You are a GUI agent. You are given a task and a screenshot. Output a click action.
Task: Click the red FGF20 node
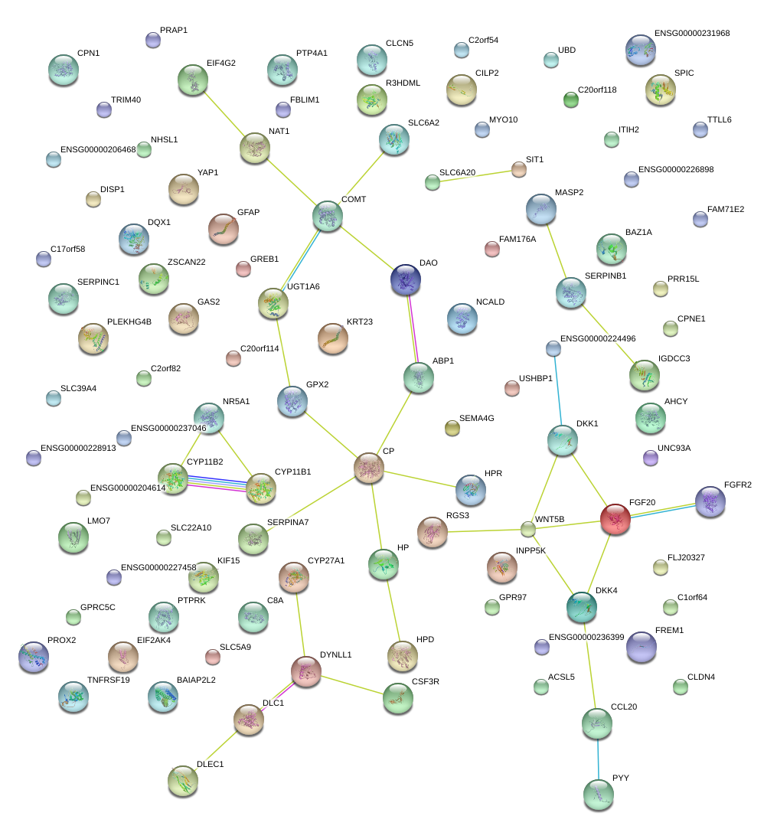tap(615, 518)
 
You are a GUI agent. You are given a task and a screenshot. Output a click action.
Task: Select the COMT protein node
tap(328, 216)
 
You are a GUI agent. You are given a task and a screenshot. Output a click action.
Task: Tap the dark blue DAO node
tap(405, 280)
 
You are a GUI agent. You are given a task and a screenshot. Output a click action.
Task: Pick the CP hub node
tap(369, 468)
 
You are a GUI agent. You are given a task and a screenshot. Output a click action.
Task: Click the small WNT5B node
tap(527, 528)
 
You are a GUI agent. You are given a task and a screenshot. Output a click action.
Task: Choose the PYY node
tap(598, 794)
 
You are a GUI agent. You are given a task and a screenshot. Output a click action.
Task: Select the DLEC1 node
tap(183, 780)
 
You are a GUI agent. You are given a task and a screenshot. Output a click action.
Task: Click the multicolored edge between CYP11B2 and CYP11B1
tap(217, 484)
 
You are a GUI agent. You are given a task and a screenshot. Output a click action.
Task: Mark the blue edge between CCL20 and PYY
tap(598, 758)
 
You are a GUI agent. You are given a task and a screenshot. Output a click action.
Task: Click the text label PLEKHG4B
tap(129, 321)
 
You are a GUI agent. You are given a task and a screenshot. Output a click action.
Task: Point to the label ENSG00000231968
tap(692, 34)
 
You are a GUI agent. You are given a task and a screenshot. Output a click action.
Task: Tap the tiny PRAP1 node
tap(153, 41)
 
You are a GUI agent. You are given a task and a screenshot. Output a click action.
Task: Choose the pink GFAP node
tap(224, 229)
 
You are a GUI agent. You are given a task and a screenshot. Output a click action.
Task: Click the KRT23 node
tap(332, 338)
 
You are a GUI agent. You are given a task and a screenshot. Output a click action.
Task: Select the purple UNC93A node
tap(650, 458)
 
